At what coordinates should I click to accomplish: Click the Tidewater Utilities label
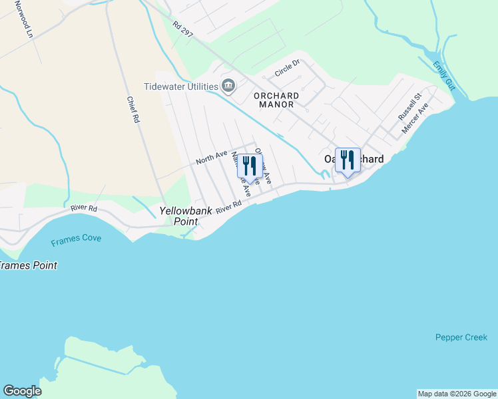[x=182, y=86]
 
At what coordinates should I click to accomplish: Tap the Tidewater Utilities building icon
[x=228, y=86]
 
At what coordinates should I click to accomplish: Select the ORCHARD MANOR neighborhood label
[x=276, y=100]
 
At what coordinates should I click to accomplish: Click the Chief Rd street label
[x=133, y=109]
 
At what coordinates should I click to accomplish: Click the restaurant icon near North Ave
[x=250, y=166]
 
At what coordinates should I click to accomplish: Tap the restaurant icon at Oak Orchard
[x=348, y=160]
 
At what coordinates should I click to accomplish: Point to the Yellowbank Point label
[x=186, y=215]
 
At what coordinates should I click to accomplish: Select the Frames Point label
[x=28, y=265]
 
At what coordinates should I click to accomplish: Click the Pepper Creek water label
[x=461, y=337]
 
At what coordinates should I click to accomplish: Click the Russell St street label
[x=409, y=106]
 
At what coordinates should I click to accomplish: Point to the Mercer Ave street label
[x=415, y=118]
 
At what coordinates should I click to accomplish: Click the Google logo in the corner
[x=23, y=391]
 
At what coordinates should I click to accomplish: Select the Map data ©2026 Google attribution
[x=457, y=394]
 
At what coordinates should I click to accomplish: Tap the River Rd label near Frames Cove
[x=85, y=208]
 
